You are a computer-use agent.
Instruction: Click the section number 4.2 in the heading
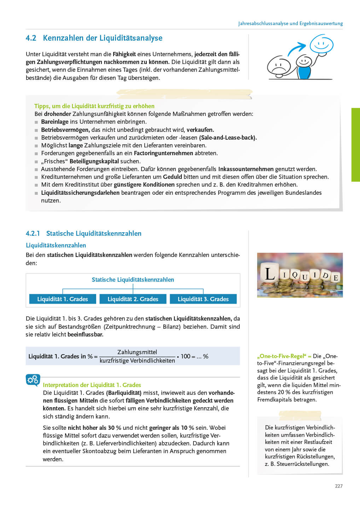coord(31,38)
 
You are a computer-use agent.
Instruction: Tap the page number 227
coord(338,486)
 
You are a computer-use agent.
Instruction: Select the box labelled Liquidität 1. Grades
coord(62,299)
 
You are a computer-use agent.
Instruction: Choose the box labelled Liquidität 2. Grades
coord(133,299)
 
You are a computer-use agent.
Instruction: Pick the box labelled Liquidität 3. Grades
coord(203,299)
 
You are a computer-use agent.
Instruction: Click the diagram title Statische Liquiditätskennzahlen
coord(133,280)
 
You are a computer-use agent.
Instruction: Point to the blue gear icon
coord(33,380)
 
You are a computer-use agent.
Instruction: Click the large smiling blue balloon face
coord(321,44)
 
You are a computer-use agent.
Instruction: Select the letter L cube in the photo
coord(270,274)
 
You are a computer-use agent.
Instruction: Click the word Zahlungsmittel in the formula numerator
coord(137,352)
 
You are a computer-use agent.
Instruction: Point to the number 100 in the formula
coord(185,356)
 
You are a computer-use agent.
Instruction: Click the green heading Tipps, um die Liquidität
coord(94,106)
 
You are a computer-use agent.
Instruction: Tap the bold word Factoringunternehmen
coord(163,153)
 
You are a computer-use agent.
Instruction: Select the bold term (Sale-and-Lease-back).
coord(228,138)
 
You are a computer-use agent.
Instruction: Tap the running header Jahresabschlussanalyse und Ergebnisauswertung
coord(290,24)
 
